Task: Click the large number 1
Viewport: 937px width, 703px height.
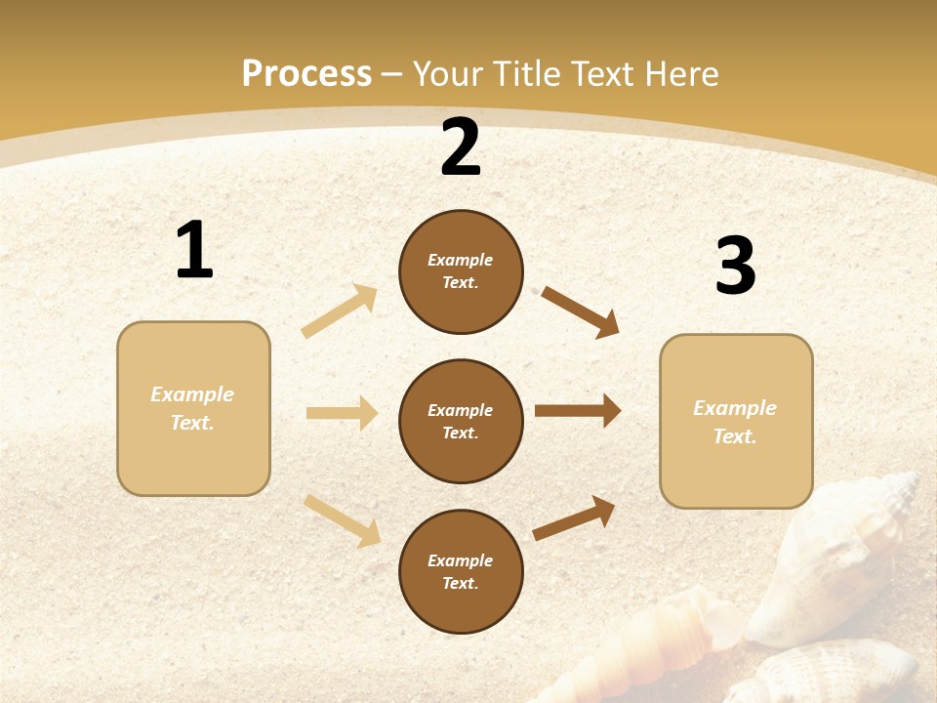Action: click(194, 251)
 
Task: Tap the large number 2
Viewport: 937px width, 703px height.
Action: click(461, 148)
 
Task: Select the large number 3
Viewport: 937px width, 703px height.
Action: click(735, 267)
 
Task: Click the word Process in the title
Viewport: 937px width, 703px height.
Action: click(306, 73)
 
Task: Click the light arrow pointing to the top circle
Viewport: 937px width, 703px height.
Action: click(340, 310)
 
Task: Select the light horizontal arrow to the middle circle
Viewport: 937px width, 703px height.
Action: click(342, 413)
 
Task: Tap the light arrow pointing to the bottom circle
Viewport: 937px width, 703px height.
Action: click(342, 519)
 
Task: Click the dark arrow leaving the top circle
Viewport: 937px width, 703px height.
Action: click(581, 311)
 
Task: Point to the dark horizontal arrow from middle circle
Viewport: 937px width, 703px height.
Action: click(578, 411)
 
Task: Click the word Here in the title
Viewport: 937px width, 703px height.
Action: click(680, 73)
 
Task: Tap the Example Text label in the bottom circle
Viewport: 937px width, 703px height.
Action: click(461, 572)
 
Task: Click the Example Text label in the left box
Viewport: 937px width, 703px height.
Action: click(192, 408)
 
